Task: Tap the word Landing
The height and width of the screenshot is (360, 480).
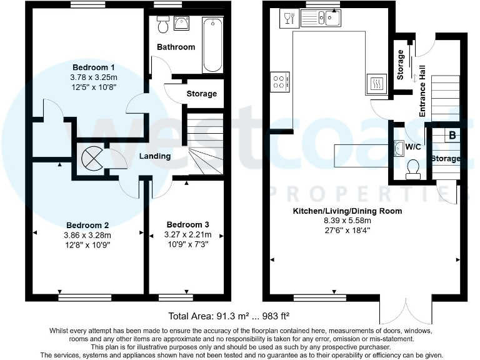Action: point(155,156)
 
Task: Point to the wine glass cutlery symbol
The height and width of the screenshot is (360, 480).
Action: point(288,18)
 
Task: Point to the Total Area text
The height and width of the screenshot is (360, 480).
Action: point(228,316)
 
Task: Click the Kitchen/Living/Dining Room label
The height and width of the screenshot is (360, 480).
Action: point(347,211)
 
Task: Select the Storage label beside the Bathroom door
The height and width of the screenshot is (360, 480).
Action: point(202,94)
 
